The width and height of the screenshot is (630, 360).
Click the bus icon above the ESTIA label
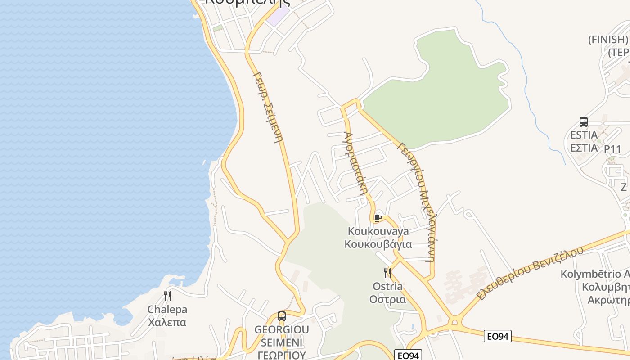[584, 121]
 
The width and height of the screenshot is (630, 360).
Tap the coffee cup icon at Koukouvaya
[378, 218]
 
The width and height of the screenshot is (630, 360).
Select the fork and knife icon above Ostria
[387, 273]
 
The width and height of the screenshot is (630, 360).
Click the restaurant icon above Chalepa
[167, 296]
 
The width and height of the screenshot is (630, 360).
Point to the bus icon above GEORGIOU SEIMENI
[282, 316]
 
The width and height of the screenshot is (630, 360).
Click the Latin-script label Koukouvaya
[378, 231]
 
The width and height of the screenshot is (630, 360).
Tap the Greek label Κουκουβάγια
[378, 244]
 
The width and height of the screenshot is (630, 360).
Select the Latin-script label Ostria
[387, 286]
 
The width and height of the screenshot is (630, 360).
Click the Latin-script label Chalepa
[167, 310]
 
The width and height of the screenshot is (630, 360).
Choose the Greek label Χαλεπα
[167, 322]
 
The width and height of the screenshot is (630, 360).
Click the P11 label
[612, 149]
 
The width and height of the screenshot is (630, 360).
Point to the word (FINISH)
[607, 40]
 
